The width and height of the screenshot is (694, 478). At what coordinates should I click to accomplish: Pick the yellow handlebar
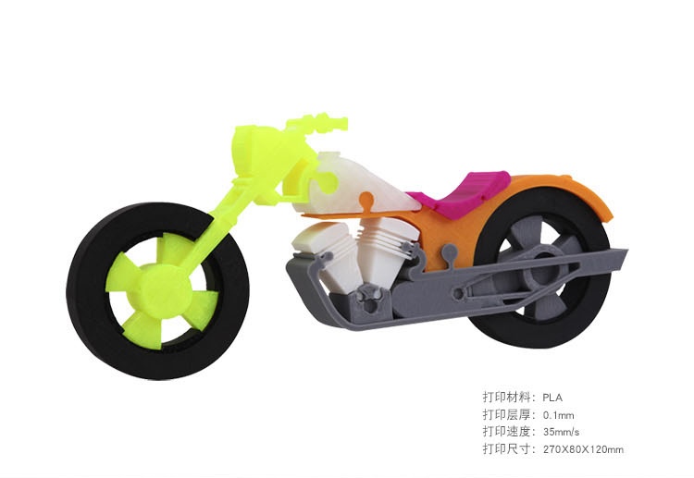(x=319, y=122)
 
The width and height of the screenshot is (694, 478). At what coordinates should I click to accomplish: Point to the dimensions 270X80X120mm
(x=583, y=449)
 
